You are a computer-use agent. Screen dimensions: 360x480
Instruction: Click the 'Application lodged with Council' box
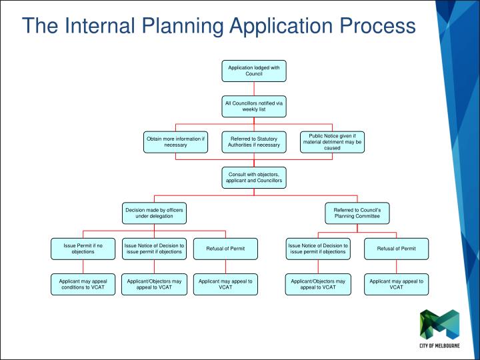click(x=254, y=71)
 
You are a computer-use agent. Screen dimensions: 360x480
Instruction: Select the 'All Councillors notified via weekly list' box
click(x=254, y=107)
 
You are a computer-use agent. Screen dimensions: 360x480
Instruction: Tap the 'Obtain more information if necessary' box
click(x=176, y=142)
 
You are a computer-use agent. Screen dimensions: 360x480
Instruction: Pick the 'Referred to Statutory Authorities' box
click(x=254, y=142)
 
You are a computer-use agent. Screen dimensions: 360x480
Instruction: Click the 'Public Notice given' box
click(x=332, y=142)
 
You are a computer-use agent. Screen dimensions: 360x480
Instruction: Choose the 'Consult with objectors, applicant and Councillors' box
click(x=254, y=178)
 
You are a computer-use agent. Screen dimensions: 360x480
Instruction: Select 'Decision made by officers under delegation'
click(x=154, y=213)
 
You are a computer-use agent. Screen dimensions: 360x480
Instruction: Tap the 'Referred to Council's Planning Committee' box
click(x=357, y=213)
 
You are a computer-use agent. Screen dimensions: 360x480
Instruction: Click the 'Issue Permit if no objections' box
click(x=83, y=249)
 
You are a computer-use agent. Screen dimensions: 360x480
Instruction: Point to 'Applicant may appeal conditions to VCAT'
click(x=83, y=285)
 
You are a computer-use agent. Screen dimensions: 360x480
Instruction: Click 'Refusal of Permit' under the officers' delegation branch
click(x=226, y=249)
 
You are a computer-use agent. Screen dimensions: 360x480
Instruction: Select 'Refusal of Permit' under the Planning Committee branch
click(x=397, y=249)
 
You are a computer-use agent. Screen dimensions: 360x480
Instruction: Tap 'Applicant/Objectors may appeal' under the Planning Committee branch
click(x=318, y=285)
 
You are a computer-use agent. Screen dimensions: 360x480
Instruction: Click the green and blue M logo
click(x=439, y=325)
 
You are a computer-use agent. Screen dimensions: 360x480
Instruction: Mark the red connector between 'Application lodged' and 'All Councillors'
click(x=254, y=89)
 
